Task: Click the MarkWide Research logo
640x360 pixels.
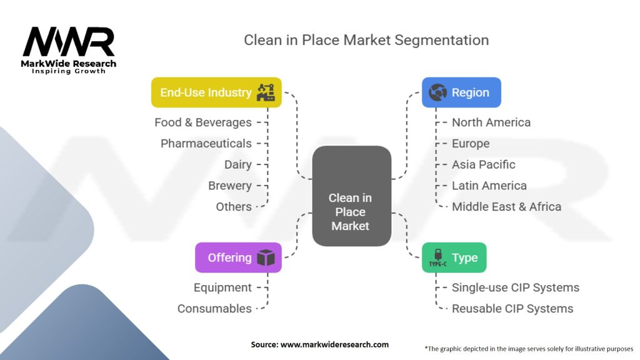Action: (69, 49)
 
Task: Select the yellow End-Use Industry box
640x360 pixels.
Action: (216, 92)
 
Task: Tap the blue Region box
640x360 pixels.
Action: (461, 92)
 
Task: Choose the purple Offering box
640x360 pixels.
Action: (238, 257)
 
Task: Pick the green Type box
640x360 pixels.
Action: (453, 257)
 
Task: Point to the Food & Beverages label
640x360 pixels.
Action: (203, 122)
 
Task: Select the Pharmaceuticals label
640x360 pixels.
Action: (206, 144)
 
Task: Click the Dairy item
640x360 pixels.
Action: (238, 165)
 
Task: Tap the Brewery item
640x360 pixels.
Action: (230, 186)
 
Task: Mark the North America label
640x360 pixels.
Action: (491, 122)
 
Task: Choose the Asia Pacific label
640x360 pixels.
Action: (484, 165)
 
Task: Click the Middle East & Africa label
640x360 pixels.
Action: (506, 207)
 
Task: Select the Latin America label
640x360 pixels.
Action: (489, 186)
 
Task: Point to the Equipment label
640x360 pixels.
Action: (222, 287)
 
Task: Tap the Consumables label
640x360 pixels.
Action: (214, 309)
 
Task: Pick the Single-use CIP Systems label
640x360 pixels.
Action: (516, 287)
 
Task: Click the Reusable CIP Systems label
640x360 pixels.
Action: (512, 309)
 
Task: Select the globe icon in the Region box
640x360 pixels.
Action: (437, 92)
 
